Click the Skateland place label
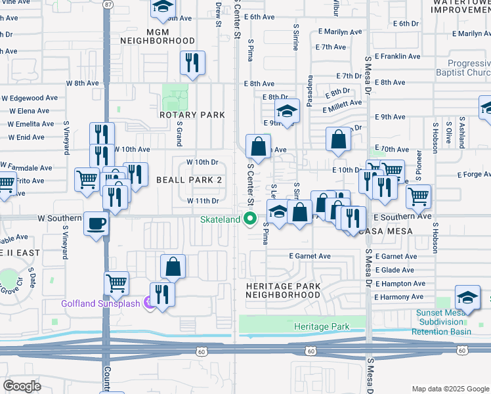[x=221, y=219]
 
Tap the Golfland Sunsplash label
[x=102, y=303]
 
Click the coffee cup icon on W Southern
[x=96, y=224]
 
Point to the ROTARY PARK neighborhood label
[x=192, y=115]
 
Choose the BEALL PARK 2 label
[x=189, y=180]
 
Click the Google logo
[x=22, y=385]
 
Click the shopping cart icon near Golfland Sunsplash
[x=116, y=283]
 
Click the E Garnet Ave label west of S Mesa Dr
[x=309, y=256]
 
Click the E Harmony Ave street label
[x=400, y=297]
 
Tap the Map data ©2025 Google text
[x=450, y=389]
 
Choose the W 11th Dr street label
[x=202, y=200]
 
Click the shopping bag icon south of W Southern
[x=173, y=266]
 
